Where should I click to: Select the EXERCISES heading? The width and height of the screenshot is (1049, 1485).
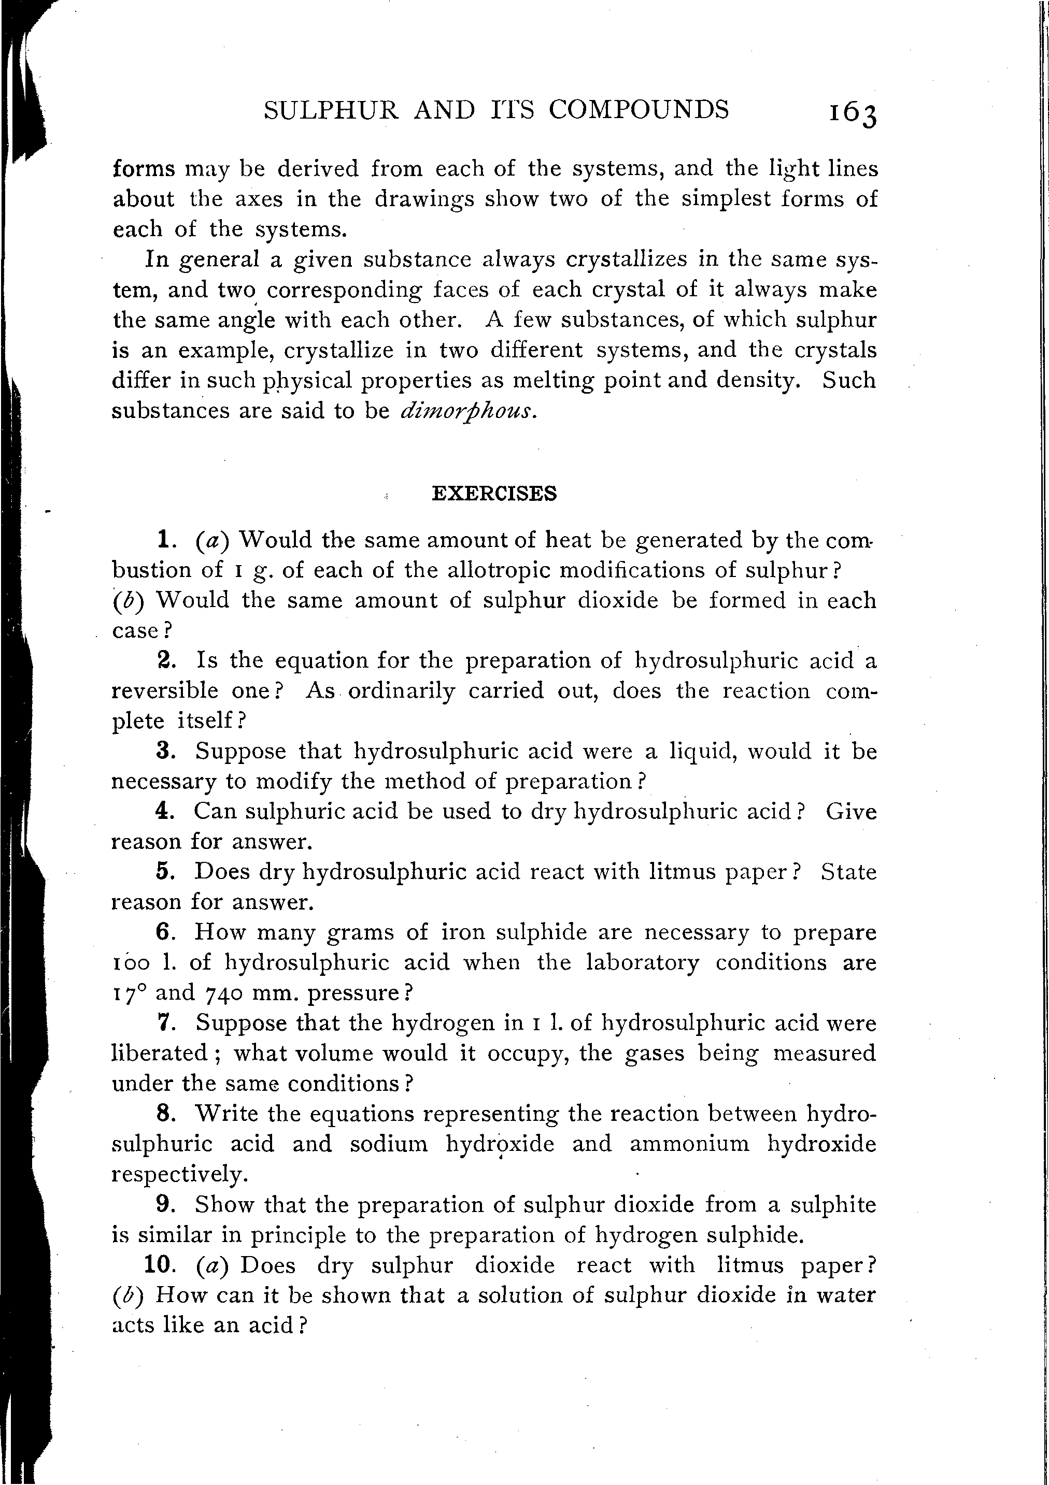point(494,494)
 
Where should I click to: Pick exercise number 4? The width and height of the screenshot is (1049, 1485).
point(165,811)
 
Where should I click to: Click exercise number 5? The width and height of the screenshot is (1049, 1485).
point(164,872)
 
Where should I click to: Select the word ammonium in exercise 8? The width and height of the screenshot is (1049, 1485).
point(690,1144)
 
